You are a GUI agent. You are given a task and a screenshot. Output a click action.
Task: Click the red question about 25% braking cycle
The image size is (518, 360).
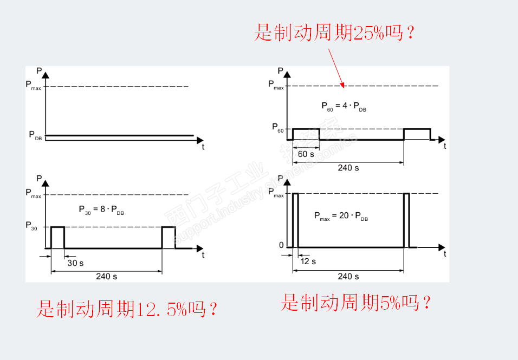click(334, 34)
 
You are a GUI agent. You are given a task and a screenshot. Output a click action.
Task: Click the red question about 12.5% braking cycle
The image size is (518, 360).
click(127, 309)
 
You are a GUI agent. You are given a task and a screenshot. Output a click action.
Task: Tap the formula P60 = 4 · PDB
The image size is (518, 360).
click(344, 107)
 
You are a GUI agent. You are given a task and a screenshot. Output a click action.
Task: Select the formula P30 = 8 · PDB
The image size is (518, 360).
click(102, 210)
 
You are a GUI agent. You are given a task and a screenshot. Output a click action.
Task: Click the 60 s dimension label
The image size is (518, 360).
click(306, 154)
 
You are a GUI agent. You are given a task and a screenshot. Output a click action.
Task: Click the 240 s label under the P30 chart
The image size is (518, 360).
click(107, 276)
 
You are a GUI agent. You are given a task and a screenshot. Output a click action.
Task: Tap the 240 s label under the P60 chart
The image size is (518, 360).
click(348, 167)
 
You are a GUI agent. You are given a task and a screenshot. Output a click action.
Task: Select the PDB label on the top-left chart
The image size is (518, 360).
click(35, 135)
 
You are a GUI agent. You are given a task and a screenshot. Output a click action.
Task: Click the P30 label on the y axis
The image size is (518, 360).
click(33, 226)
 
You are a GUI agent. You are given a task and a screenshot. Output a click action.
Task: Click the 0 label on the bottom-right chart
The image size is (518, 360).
click(281, 246)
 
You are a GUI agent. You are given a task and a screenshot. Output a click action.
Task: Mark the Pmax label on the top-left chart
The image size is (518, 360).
click(34, 85)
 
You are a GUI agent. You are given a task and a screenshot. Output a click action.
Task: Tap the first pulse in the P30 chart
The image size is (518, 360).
click(57, 237)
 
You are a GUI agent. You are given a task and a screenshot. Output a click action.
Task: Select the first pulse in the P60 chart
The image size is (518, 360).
click(306, 134)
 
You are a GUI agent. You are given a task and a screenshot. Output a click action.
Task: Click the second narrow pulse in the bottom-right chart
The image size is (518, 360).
click(406, 220)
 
